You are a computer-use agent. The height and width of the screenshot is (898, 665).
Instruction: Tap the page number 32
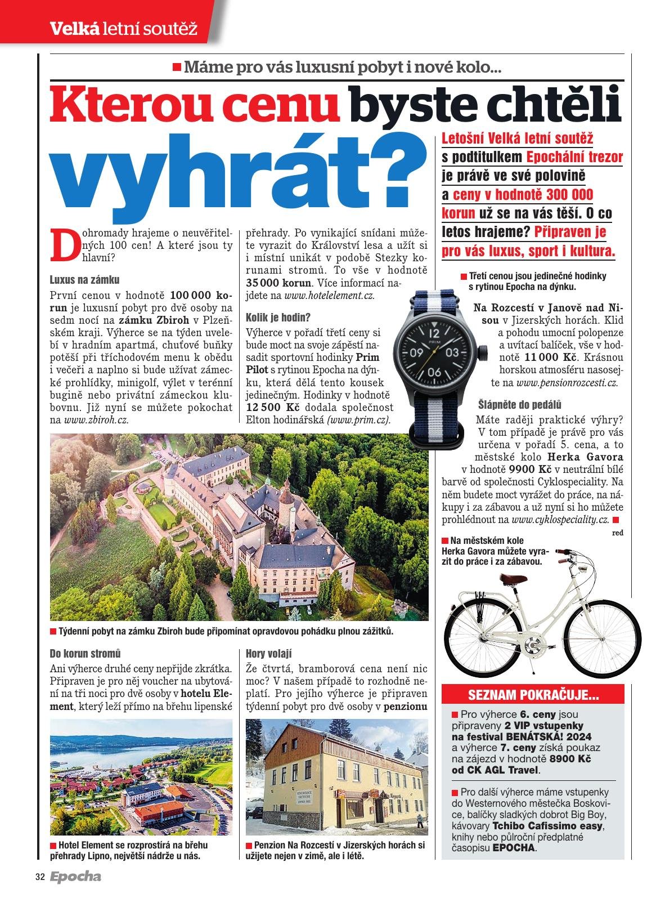[39, 877]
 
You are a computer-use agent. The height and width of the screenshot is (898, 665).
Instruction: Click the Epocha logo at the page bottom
[75, 877]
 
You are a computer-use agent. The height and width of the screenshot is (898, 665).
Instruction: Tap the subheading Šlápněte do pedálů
[520, 405]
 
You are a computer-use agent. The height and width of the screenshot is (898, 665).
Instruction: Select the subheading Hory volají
[269, 654]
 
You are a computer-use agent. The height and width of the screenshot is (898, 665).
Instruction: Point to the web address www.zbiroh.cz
[96, 419]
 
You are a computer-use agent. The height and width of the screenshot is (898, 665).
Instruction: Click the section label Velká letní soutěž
[124, 27]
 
